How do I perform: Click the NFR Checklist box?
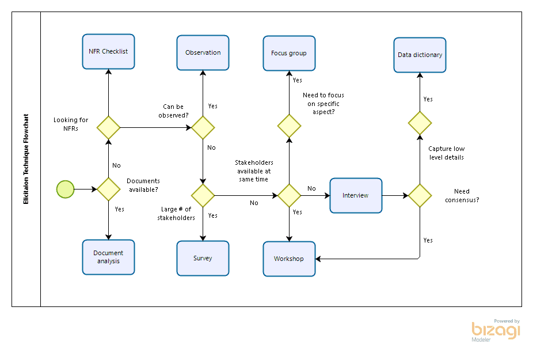(108, 51)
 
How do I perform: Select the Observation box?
(203, 53)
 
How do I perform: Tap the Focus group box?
(289, 54)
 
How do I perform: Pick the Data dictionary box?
(420, 55)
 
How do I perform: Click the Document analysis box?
(108, 257)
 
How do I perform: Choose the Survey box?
(203, 258)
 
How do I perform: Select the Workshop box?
(289, 259)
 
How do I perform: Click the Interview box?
(356, 195)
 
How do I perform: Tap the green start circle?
(66, 189)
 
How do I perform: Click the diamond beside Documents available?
(108, 189)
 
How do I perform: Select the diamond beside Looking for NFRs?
(108, 127)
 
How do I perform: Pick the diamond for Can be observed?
(203, 127)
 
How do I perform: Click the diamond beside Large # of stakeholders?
(203, 195)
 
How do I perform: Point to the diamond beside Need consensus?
(420, 195)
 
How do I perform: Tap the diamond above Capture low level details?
(420, 123)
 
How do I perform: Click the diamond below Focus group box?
(289, 126)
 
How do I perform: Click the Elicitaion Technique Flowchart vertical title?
(26, 159)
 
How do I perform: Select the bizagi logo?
(496, 331)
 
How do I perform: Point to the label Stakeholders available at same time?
(254, 171)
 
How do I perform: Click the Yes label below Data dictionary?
(428, 99)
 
